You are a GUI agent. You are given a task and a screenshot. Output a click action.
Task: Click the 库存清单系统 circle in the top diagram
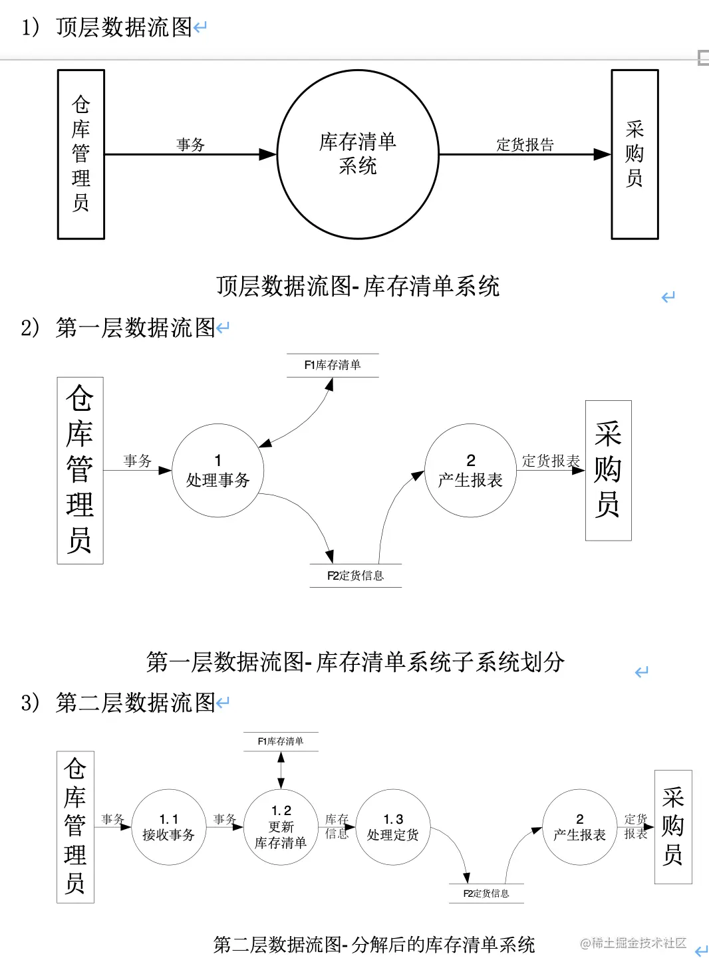(358, 154)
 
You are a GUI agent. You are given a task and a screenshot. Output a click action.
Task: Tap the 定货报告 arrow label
(525, 145)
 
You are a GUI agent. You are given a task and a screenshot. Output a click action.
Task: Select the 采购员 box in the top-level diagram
(635, 154)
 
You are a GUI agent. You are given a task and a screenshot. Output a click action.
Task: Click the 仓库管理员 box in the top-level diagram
(81, 154)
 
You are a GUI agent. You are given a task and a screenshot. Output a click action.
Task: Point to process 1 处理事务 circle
(218, 471)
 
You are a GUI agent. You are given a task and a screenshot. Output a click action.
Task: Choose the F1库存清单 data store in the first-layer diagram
(333, 365)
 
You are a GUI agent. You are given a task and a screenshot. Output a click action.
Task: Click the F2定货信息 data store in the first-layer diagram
(356, 576)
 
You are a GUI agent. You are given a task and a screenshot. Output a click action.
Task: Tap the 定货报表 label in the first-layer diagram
(551, 461)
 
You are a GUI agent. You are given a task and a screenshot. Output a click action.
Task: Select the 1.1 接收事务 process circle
(168, 827)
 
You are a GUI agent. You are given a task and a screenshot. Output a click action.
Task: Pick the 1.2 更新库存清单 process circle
(281, 827)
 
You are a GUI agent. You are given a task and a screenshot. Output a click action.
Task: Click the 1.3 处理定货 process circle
(393, 827)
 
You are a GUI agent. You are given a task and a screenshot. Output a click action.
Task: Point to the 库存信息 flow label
(337, 826)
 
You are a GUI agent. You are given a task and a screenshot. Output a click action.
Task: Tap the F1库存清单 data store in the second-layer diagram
(281, 741)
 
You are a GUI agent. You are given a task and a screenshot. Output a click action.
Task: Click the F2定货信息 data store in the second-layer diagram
(486, 894)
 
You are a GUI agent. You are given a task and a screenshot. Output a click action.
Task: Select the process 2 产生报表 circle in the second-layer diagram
(580, 827)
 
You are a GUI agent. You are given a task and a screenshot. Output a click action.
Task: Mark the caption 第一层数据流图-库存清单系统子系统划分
(355, 662)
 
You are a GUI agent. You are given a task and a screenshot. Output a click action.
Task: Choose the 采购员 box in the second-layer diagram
(673, 826)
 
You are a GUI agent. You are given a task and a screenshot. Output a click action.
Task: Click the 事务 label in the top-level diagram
(190, 145)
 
